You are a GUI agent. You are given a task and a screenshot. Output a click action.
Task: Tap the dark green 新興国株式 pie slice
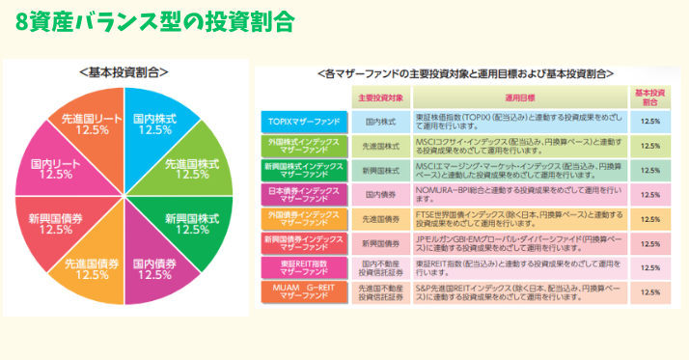[x=192, y=223]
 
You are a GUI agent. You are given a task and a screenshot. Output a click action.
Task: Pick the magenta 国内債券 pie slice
[x=154, y=268]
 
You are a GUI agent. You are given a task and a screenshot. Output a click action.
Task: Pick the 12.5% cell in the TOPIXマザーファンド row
[x=649, y=122]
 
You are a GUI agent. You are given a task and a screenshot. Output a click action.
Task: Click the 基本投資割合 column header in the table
[x=649, y=97]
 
